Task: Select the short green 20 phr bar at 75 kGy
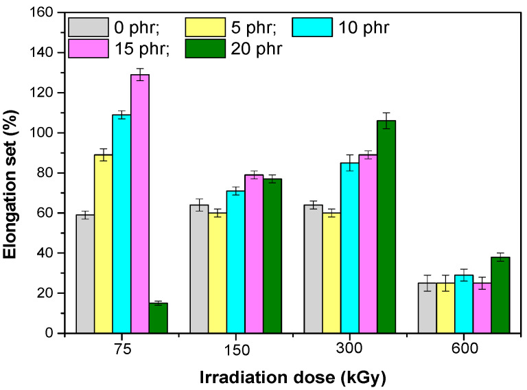click(x=159, y=318)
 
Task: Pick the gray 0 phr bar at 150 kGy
click(x=199, y=268)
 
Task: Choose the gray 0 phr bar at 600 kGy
click(x=427, y=308)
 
